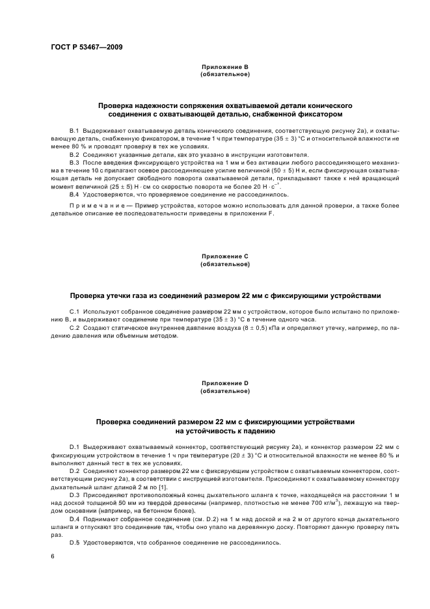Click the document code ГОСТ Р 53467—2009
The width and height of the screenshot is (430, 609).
coord(86,47)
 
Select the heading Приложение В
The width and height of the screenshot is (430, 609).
coord(225,68)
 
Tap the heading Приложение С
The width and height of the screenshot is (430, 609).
coord(225,257)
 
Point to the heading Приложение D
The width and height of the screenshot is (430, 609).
coord(225,384)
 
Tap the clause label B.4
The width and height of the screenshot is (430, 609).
coord(74,195)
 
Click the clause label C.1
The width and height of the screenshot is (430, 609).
coord(74,312)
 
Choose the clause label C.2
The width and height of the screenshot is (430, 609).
coord(74,329)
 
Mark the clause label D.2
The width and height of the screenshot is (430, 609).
coord(74,470)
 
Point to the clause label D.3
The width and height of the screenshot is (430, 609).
coord(74,494)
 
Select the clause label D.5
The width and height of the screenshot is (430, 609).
coord(74,542)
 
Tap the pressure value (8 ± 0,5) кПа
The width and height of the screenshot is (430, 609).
coord(262,329)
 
